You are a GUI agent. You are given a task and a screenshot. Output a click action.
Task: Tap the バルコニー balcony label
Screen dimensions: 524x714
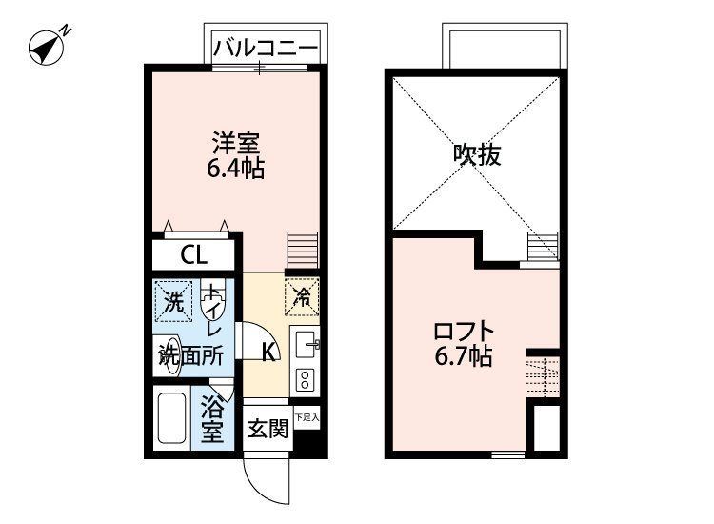coord(265,46)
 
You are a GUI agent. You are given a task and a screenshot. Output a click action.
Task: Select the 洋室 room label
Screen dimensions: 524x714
coord(236,144)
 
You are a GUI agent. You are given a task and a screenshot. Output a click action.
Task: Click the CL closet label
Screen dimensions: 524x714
coord(194,255)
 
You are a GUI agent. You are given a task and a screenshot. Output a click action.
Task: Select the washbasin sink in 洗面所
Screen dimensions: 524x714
coord(169,349)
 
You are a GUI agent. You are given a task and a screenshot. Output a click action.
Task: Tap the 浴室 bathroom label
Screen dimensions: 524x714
coord(211,419)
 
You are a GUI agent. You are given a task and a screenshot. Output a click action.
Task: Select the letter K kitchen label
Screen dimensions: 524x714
coord(269,352)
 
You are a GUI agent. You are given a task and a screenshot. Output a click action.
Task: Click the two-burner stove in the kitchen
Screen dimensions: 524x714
coord(306,380)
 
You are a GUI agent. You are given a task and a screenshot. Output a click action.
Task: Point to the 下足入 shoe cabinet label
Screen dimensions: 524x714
coord(307,417)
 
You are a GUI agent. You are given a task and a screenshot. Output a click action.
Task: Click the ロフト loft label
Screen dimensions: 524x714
coord(464,333)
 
